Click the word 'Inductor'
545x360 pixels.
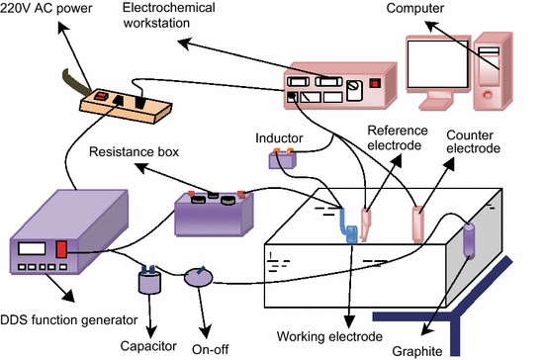tap(278, 137)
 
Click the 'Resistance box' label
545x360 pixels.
tap(132, 153)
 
